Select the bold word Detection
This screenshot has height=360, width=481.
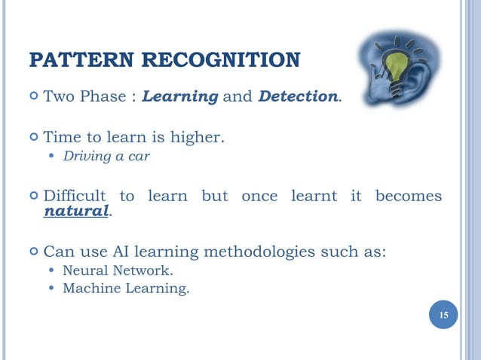point(297,97)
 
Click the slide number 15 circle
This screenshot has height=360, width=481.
point(443,314)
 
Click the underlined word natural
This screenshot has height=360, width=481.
point(76,212)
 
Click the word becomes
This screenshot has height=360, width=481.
point(408,196)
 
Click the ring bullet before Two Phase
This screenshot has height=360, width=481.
point(33,97)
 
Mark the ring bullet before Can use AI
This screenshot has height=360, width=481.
point(33,252)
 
